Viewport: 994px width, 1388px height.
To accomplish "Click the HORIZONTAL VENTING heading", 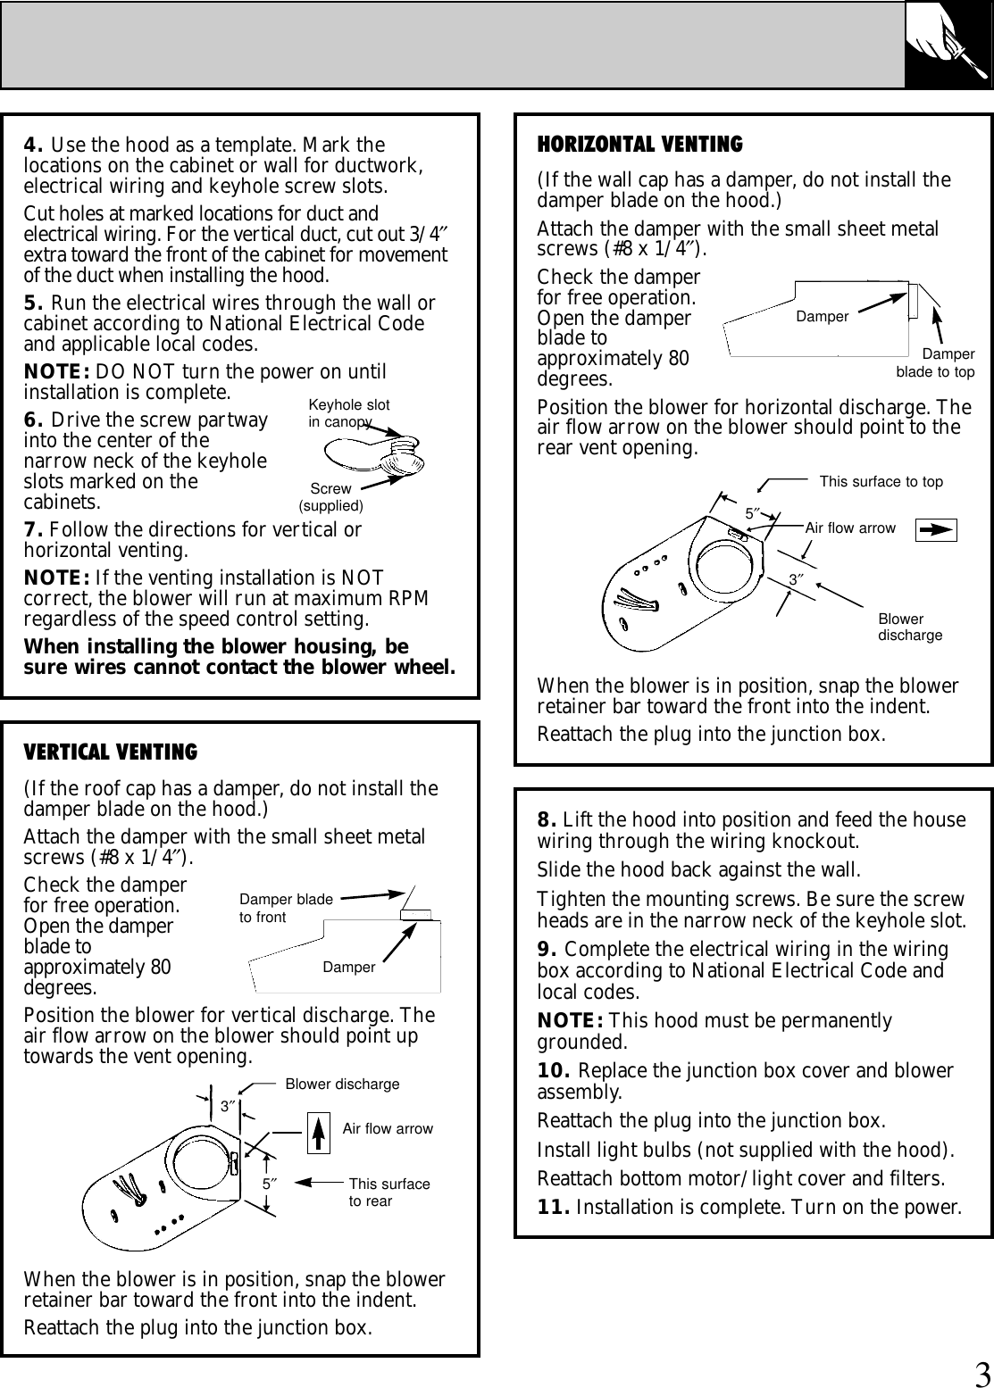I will [639, 144].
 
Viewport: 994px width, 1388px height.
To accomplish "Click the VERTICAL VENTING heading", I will [110, 752].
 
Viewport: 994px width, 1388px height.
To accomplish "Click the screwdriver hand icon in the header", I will [948, 44].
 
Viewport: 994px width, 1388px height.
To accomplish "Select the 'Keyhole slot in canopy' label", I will [347, 412].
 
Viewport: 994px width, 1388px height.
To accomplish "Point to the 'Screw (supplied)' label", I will [330, 497].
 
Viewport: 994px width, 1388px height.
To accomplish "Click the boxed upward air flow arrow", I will [319, 1132].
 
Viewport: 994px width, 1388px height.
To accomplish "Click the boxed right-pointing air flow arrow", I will [936, 528].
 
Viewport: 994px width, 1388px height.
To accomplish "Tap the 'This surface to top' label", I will [881, 482].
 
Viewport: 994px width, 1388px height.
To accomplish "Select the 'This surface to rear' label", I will [388, 1193].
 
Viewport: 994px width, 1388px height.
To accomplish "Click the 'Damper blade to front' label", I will [286, 909].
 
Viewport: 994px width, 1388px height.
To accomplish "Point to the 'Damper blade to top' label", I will [935, 363].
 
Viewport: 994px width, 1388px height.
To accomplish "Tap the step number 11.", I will [554, 1209].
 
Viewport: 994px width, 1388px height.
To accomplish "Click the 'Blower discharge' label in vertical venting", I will [342, 1085].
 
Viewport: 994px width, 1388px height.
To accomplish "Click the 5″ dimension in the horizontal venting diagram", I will [752, 513].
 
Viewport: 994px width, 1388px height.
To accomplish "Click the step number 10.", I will [554, 1070].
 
